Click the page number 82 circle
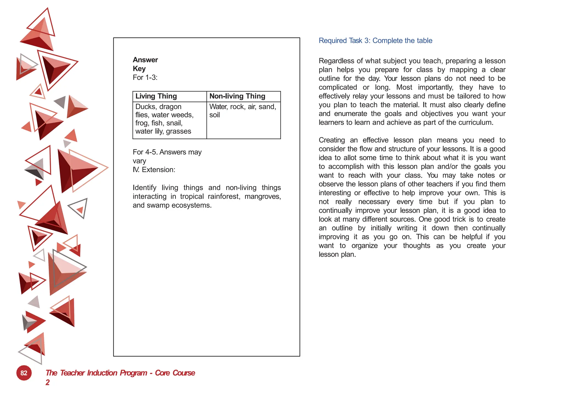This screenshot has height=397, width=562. point(24,373)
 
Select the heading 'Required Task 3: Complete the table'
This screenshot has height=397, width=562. point(375,41)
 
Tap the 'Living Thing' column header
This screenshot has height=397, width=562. point(156,96)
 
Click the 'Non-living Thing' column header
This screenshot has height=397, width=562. point(237,96)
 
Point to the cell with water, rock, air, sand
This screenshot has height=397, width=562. point(243,111)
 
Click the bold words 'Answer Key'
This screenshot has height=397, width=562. point(145,64)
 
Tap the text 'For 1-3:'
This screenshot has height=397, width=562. point(145,78)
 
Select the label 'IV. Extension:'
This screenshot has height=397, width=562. point(154,170)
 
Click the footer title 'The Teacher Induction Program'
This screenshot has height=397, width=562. point(96,373)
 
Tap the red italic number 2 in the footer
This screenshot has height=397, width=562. point(47,382)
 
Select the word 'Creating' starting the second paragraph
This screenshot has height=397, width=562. point(331,140)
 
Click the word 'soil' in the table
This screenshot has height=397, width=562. point(214,115)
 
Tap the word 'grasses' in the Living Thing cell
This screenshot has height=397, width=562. point(178,131)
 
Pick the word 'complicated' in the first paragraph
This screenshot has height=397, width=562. point(338,87)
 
